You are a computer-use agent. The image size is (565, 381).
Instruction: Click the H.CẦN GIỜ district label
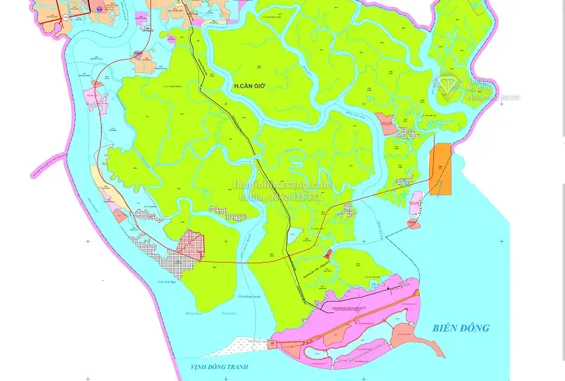[x=250, y=85]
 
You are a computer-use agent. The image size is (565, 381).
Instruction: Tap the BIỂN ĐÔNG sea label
[x=461, y=328]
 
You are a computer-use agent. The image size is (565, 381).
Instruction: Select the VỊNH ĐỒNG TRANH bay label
[x=219, y=367]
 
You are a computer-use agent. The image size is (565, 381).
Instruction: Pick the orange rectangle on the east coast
[x=441, y=169]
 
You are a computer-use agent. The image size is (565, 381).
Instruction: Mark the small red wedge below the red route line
[x=328, y=254]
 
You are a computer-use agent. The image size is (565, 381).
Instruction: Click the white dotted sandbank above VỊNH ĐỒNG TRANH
[x=245, y=345]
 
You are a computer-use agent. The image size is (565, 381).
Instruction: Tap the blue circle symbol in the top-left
[x=99, y=9]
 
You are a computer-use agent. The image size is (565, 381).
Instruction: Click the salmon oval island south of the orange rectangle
[x=412, y=223]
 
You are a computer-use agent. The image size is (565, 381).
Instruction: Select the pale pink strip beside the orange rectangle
[x=416, y=202]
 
